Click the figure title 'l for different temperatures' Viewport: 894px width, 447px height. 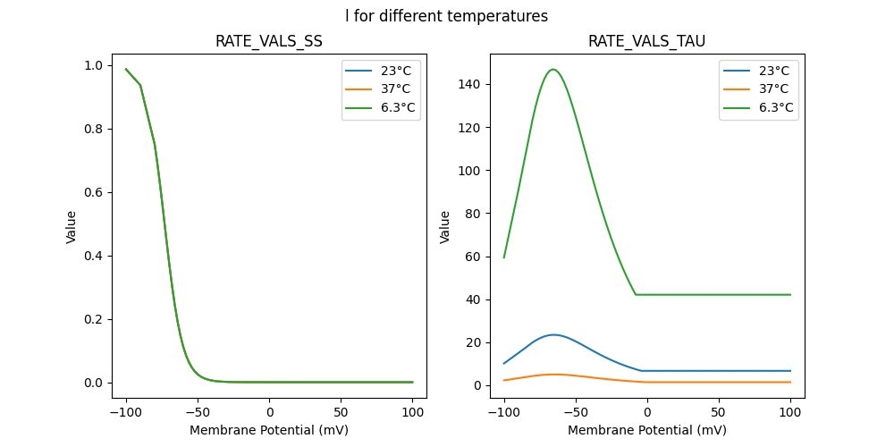[x=446, y=16]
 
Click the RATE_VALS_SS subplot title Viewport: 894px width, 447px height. [x=268, y=42]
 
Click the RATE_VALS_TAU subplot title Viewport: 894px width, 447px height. [x=646, y=42]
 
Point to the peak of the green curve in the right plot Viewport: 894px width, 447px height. [x=553, y=70]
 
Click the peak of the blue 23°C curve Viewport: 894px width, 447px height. [x=553, y=335]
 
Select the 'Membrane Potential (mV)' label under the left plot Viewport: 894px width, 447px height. [x=269, y=430]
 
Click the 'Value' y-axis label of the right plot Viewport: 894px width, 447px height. [x=444, y=227]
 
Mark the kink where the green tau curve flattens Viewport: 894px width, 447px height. [x=636, y=294]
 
